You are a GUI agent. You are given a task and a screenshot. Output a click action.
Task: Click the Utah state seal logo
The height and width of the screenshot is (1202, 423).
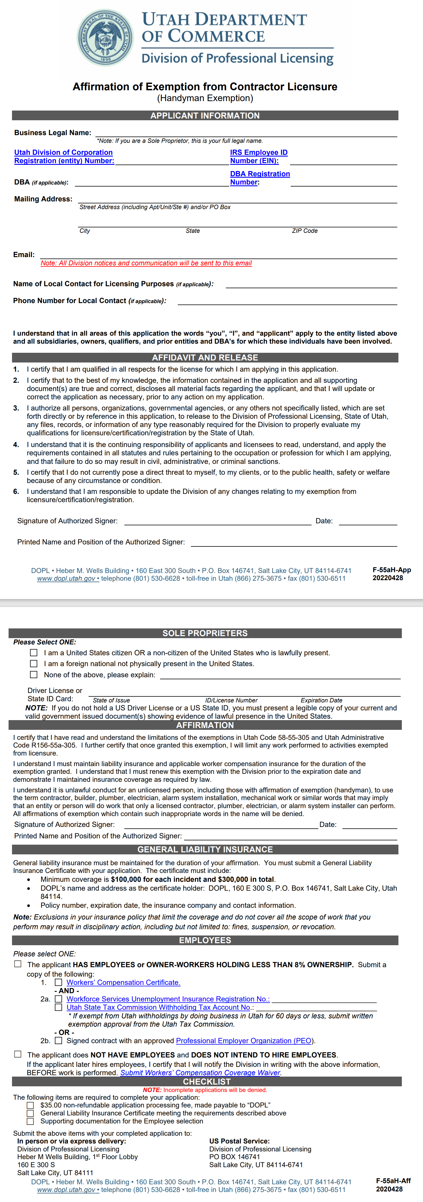(x=105, y=37)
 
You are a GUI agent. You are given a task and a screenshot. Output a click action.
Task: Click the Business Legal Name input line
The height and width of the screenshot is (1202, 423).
(x=246, y=133)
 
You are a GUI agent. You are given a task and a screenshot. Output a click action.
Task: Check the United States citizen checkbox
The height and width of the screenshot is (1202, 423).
(x=34, y=653)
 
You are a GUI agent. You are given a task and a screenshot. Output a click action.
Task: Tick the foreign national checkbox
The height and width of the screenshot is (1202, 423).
(x=34, y=664)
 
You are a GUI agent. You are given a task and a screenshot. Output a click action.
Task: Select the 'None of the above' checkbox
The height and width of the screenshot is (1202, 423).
(x=34, y=675)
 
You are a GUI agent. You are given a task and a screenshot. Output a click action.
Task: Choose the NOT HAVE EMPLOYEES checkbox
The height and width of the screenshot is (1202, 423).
(x=18, y=1054)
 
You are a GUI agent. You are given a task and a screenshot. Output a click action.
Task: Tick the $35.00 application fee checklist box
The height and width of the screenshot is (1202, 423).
(x=30, y=1105)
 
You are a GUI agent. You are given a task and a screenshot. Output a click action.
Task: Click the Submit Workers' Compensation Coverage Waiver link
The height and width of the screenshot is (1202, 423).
(x=200, y=1073)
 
